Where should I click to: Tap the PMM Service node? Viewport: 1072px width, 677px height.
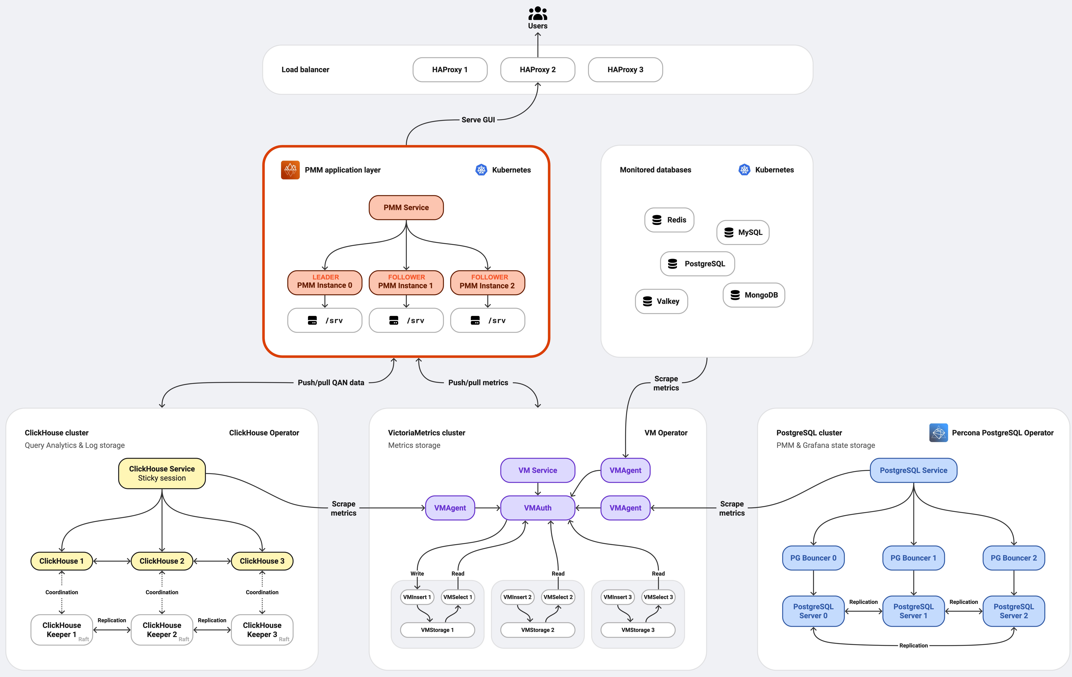tap(406, 207)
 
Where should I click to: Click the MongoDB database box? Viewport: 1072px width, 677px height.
tap(754, 295)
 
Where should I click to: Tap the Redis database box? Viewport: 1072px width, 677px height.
tap(669, 220)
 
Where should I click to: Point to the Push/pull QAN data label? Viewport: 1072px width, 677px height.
tap(331, 383)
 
